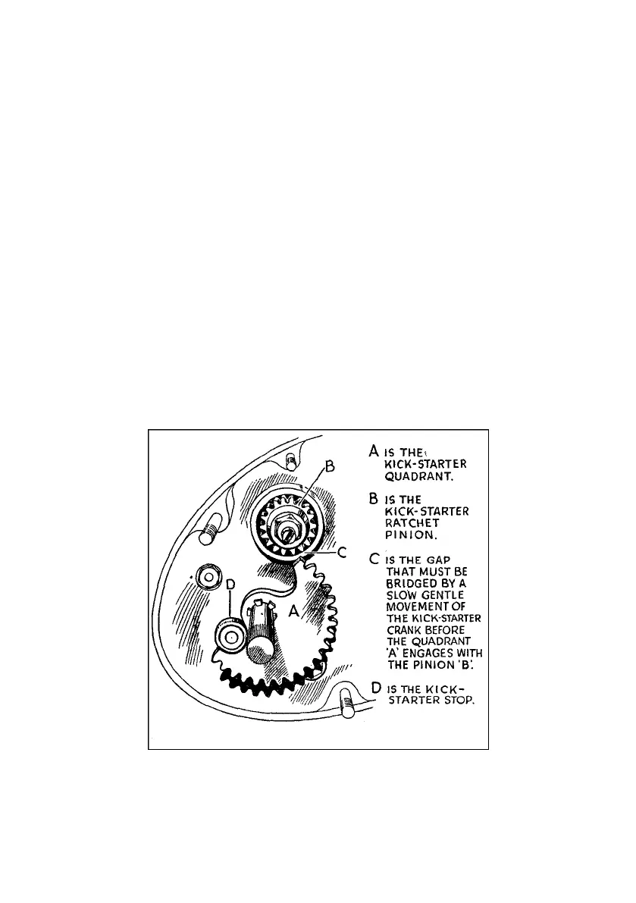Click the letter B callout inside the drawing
tap(329, 468)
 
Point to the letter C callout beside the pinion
tap(343, 553)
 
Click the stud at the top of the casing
tap(290, 460)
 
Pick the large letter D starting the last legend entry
tap(375, 688)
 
